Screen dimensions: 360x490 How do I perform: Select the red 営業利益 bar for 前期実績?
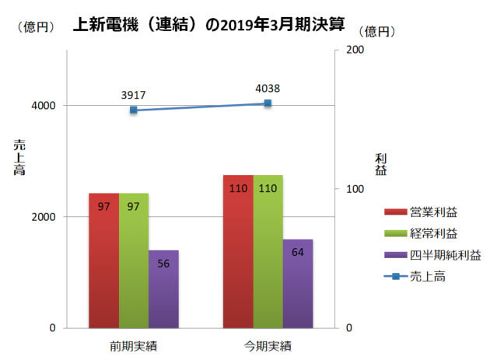click(103, 260)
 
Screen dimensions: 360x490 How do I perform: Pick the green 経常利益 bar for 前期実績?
click(134, 260)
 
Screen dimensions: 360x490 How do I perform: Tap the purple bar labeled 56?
click(163, 288)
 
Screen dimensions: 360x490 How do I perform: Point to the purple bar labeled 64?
click(297, 283)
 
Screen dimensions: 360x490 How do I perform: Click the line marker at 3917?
click(134, 110)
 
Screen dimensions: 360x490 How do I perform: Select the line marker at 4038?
click(268, 103)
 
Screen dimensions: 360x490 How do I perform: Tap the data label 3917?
click(134, 95)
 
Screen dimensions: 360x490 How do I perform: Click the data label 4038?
click(268, 88)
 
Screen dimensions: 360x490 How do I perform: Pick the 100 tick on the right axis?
click(355, 189)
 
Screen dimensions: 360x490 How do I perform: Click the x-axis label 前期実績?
click(134, 344)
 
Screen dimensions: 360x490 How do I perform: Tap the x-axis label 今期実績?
click(268, 344)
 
